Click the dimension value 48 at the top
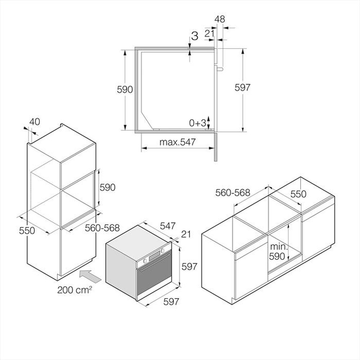point(220,19)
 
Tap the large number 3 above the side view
point(194,36)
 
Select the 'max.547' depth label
point(177,142)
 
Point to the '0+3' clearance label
point(198,123)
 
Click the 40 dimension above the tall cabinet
point(35,122)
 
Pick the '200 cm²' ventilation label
point(75,289)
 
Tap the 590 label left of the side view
point(125,90)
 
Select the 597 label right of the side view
point(242,87)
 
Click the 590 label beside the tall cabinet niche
point(107,187)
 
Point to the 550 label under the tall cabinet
point(27,230)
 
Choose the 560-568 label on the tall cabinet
point(102,228)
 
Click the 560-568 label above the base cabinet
point(233,193)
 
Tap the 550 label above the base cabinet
point(298,194)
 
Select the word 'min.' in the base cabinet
point(279,247)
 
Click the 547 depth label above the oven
point(168,226)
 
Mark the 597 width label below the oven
point(171,302)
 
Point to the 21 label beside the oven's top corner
point(186,234)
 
